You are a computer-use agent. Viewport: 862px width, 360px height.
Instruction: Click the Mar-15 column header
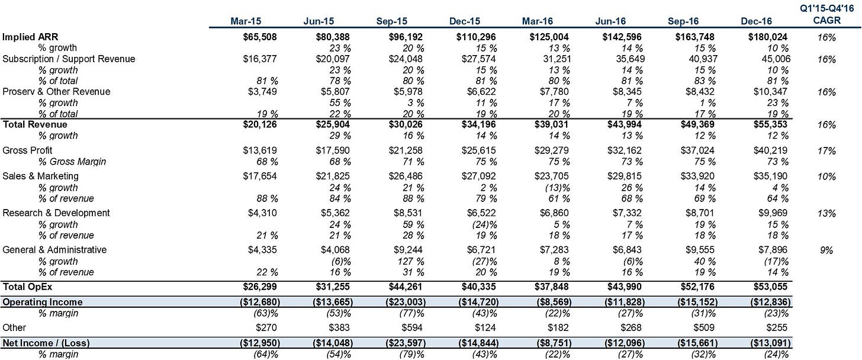(246, 21)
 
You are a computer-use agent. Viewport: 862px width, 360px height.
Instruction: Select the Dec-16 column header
(756, 21)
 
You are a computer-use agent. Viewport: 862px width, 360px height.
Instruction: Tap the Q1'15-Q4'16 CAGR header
(826, 15)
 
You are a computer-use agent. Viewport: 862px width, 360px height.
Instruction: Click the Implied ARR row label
(30, 37)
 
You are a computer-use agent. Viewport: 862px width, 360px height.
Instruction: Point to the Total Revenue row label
(34, 124)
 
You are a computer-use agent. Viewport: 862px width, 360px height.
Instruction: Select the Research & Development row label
(56, 213)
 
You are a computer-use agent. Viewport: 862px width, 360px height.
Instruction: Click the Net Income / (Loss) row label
(46, 343)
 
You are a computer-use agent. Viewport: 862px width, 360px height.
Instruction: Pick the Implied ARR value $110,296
(476, 37)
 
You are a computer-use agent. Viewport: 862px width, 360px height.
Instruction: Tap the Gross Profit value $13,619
(260, 150)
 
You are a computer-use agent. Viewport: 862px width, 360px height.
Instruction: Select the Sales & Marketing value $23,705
(551, 176)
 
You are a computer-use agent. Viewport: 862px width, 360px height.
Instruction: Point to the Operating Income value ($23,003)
(406, 302)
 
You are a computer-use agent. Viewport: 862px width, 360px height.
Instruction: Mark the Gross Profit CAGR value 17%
(826, 151)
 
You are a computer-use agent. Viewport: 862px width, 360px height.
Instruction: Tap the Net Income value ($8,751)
(554, 343)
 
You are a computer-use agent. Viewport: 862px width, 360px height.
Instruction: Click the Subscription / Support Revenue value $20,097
(333, 59)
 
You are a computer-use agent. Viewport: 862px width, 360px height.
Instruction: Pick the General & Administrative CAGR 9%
(826, 250)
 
